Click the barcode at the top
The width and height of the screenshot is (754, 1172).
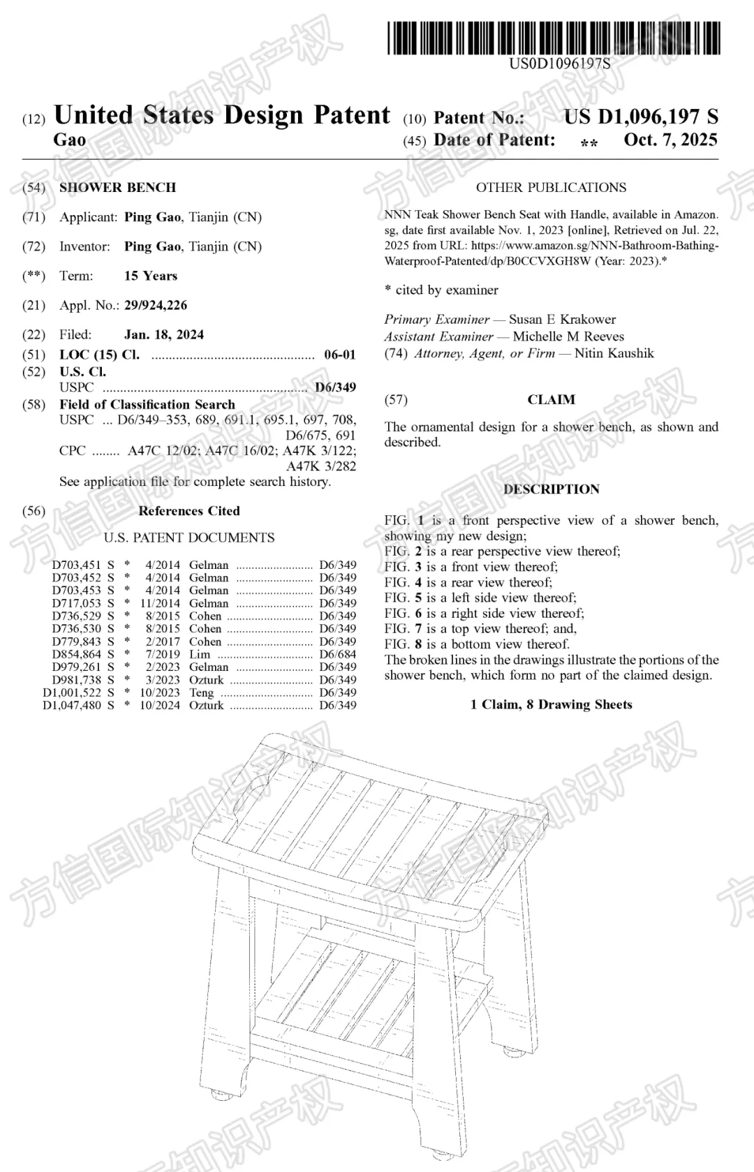click(x=553, y=38)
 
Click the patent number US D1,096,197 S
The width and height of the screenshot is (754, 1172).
click(x=640, y=117)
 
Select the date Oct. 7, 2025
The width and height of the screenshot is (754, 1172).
click(x=670, y=140)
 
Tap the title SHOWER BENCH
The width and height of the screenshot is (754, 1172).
click(x=117, y=187)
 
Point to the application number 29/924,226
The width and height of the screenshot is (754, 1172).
click(x=156, y=305)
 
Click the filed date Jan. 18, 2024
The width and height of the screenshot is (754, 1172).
click(x=164, y=334)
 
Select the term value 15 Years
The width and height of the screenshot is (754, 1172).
click(x=151, y=276)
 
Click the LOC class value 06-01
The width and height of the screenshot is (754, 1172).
click(x=340, y=355)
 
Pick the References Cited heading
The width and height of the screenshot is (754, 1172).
click(x=188, y=511)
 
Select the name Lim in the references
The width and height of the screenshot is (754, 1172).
click(x=199, y=654)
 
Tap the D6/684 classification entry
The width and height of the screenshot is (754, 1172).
click(x=337, y=654)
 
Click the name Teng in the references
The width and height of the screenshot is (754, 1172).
click(x=201, y=692)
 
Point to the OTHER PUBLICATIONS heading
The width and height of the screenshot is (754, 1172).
click(x=551, y=187)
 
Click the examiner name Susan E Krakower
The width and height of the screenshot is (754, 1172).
click(x=562, y=319)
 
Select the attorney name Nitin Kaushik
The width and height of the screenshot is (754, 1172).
click(x=614, y=353)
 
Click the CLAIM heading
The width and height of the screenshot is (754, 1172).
click(x=551, y=399)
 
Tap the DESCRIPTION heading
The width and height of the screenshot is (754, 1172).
click(x=551, y=489)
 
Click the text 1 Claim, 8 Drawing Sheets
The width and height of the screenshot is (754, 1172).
click(x=551, y=704)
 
